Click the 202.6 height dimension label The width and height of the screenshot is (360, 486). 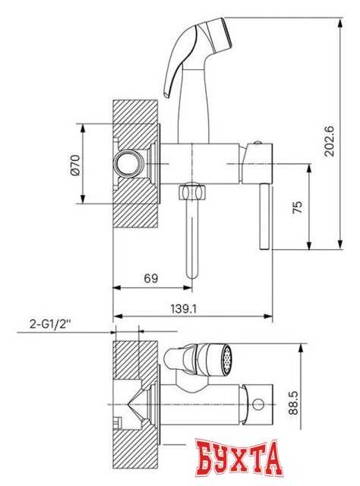pos(329,140)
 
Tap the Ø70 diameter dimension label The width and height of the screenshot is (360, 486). pos(75,165)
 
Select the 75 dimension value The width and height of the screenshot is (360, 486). pos(297,207)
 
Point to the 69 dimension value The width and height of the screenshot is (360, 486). pos(151,278)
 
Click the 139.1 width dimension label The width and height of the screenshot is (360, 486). pos(184,308)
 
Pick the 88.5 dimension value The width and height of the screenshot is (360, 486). pos(293,402)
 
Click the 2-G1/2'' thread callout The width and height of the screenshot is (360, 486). pos(50,324)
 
